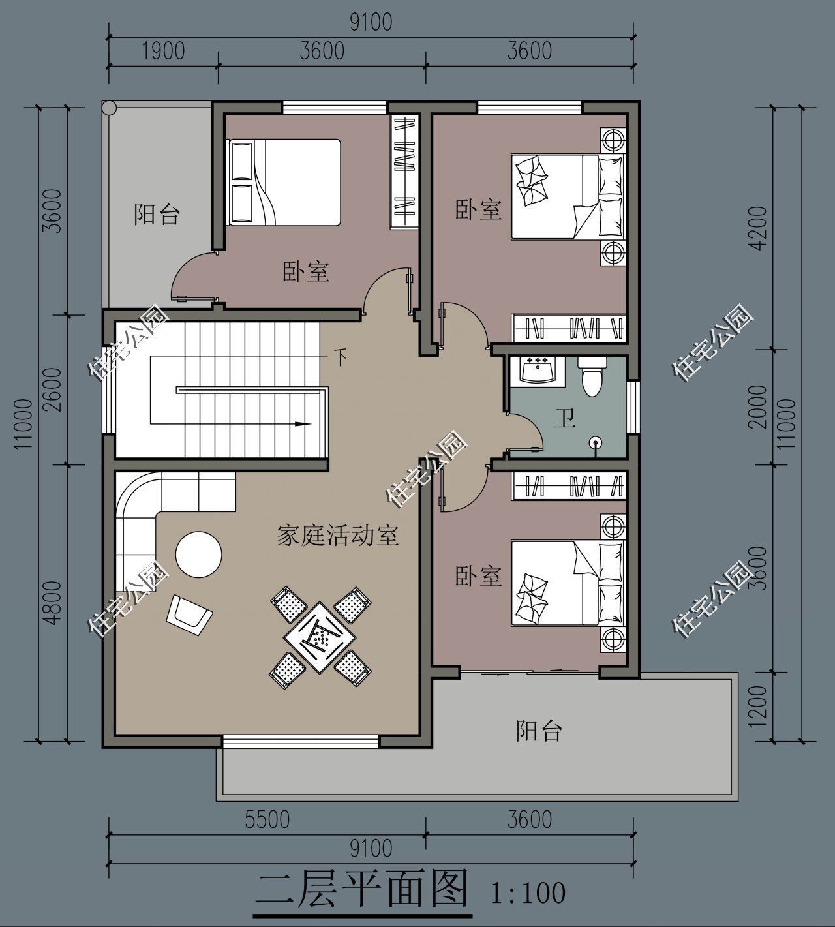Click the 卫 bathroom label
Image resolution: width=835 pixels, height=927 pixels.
coord(565,418)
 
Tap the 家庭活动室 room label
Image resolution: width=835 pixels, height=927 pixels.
coord(337,536)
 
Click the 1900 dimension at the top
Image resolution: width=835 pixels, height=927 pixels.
coord(162,51)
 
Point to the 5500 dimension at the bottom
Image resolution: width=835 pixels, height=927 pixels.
coord(267,819)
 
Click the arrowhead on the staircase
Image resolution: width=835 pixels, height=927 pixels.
coord(303,424)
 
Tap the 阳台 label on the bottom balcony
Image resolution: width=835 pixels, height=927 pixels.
coord(539,731)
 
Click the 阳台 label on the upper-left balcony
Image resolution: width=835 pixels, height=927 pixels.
coord(157,215)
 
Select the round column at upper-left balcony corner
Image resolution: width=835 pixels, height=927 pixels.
coord(109,107)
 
